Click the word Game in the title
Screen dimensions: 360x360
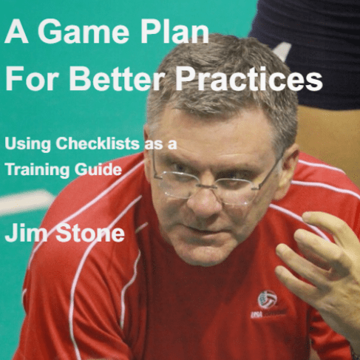[x=84, y=31]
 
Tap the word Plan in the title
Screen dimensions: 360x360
[x=174, y=31]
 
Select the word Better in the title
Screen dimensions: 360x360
[x=117, y=78]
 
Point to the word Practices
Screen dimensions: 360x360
[x=249, y=78]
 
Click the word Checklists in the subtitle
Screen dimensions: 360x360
[x=98, y=143]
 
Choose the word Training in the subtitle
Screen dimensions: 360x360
[x=37, y=170]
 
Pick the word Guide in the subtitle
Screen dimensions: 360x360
[x=98, y=169]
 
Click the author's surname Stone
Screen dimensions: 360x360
[x=90, y=233]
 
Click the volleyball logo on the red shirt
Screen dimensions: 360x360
[x=267, y=299]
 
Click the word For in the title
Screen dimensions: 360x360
[x=32, y=78]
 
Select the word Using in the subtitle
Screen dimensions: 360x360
[x=27, y=144]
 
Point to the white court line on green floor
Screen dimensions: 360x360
[x=26, y=202]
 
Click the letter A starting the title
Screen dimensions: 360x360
[x=16, y=31]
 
